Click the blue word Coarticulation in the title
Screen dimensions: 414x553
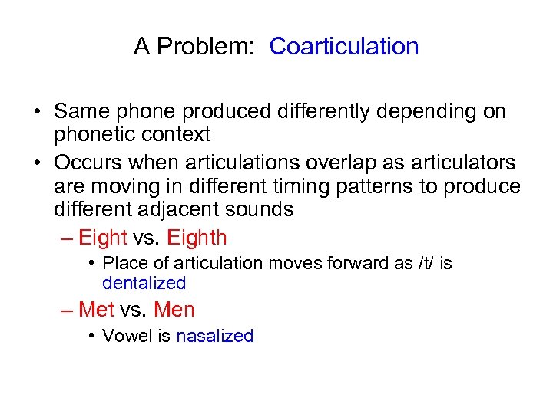pos(344,46)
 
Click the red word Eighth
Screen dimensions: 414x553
pos(197,238)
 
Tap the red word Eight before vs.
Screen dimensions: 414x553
pos(103,238)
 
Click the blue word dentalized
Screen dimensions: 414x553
pos(144,283)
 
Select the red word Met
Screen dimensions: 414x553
pos(96,310)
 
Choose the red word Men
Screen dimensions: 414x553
pos(174,310)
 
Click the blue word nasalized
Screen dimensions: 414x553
pos(214,336)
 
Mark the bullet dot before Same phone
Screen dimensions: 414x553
pos(38,112)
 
